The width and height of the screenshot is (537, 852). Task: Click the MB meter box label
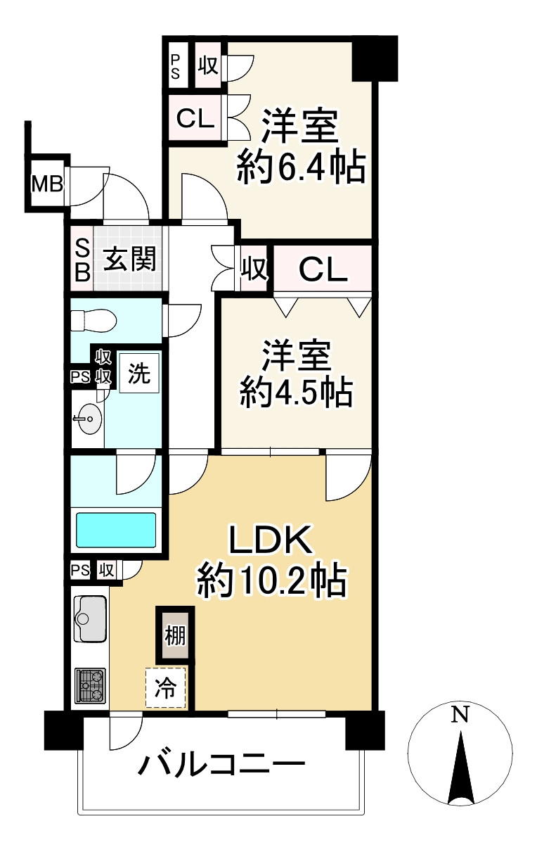click(47, 184)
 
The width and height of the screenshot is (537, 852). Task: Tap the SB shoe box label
click(82, 260)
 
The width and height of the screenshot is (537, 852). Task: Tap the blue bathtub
click(116, 530)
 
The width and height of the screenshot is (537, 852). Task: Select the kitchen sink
click(90, 618)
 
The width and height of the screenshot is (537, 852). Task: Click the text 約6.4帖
click(301, 167)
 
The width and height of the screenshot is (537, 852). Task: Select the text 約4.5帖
click(295, 393)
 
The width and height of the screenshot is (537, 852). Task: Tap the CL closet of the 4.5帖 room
click(322, 269)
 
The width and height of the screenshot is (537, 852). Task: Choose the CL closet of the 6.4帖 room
click(195, 118)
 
